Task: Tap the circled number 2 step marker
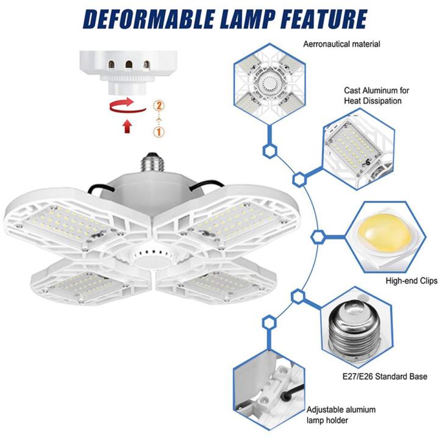(159, 105)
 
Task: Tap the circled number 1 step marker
(159, 131)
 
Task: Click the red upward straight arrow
(127, 126)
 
